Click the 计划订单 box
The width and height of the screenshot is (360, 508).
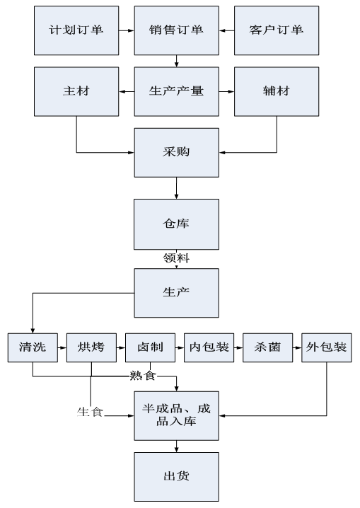76,30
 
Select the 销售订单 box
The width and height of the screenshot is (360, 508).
176,30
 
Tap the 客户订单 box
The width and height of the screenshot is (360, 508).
277,30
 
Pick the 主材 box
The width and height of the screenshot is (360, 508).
76,92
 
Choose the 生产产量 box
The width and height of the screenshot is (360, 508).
176,92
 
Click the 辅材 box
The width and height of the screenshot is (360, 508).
277,92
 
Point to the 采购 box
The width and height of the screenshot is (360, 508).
176,153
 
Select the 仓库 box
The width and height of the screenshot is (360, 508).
176,224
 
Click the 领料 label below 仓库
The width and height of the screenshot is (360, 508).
176,258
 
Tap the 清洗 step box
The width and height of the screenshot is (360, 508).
33,347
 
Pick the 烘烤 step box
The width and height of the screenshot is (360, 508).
92,347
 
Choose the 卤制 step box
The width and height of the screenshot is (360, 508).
150,347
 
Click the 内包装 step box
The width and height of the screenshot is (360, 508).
209,347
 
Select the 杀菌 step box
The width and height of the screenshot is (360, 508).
268,347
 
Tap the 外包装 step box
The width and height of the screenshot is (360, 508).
327,347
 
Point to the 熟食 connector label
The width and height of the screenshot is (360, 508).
143,376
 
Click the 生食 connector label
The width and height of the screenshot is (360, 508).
90,412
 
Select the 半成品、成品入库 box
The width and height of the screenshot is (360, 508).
176,416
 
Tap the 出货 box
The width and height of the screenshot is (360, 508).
176,477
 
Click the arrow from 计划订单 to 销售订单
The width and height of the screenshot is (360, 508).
127,31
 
